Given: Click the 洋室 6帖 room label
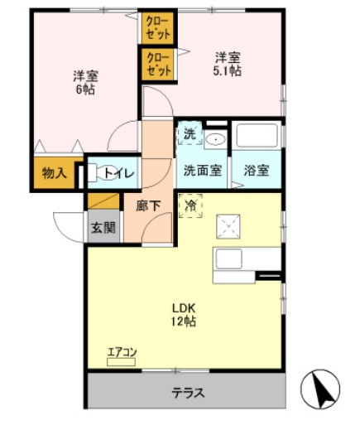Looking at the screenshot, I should point(84,83).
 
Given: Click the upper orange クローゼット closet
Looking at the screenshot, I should point(156,27).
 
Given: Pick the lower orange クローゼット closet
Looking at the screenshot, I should point(156,65).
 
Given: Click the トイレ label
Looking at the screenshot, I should point(119,173).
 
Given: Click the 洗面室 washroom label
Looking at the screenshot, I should point(202,171).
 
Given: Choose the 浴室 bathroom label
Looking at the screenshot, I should point(257,171).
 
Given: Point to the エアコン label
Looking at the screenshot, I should point(122,353).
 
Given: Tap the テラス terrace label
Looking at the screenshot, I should point(187,392).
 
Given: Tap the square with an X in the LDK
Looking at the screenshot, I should point(228,225).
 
